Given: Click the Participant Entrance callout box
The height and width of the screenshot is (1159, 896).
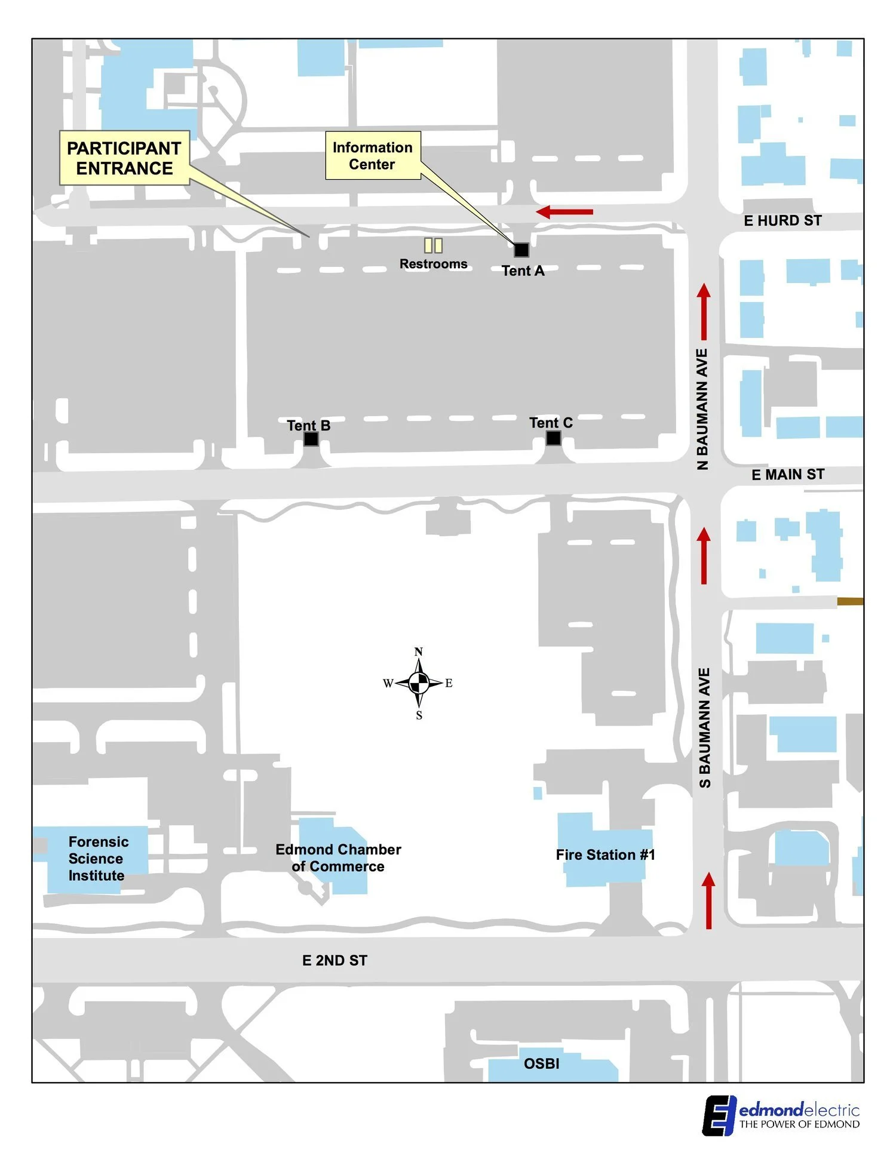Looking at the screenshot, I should coord(124,158).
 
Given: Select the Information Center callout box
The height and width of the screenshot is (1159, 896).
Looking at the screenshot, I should coord(372,156).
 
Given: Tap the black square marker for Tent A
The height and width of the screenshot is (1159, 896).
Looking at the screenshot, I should coord(521,250).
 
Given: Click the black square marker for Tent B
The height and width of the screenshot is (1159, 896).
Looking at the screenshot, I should coord(311,439).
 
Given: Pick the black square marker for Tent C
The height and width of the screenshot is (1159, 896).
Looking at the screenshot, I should coord(554,438).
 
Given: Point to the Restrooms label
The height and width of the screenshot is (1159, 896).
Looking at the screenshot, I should coord(433,264).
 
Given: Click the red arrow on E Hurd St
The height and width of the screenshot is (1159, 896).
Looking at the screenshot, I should coord(564,211).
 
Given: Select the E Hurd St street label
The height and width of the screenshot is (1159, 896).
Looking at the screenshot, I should coord(783,221).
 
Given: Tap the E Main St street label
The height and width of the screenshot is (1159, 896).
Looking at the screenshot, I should coord(787,475).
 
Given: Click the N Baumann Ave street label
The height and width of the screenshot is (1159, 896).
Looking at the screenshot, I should coord(702,409).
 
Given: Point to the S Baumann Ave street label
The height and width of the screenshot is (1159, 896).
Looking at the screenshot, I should coord(705,727).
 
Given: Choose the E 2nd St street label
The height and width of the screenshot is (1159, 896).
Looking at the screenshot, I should coord(335,960).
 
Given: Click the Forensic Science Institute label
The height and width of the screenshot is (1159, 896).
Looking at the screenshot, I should coord(98,859).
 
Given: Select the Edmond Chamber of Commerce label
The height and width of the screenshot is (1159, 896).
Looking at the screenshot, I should coord(338,858).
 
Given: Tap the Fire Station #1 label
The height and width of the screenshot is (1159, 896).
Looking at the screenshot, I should coord(605,855).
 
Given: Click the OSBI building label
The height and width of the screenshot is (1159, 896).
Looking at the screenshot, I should coord(541,1063).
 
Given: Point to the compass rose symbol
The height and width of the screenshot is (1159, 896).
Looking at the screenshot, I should coord(419,683).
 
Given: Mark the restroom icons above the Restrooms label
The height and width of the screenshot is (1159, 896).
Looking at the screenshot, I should coord(433,245).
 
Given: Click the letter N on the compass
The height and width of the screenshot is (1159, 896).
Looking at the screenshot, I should coord(419,651).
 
